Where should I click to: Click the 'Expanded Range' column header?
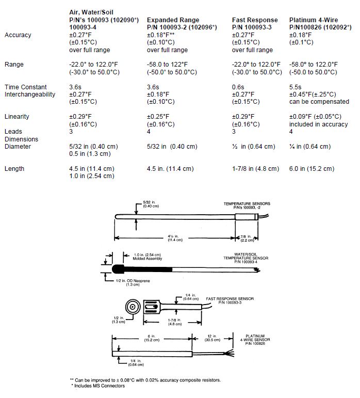tap(173, 20)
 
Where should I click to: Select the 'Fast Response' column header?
tap(255, 20)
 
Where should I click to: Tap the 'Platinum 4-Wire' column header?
tap(317, 20)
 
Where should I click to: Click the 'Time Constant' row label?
tap(26, 87)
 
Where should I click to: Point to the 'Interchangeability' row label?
tap(29, 94)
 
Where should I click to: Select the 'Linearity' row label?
tap(18, 117)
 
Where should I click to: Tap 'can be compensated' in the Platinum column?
tap(319, 102)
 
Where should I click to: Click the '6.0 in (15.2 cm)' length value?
tap(312, 169)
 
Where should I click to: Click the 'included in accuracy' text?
tap(318, 124)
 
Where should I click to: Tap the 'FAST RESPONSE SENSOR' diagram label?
tap(231, 298)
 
